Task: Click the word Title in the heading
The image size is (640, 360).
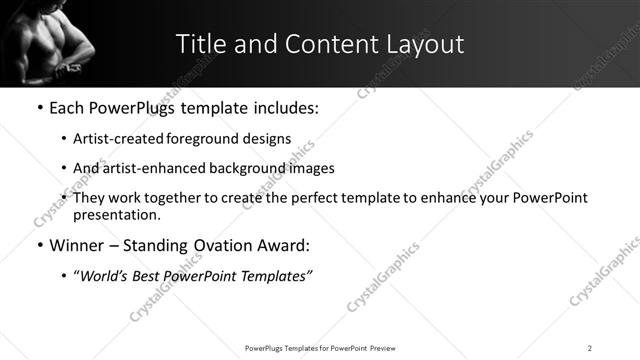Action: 199,44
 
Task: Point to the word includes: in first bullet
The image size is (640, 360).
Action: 284,107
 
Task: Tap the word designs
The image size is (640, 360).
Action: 269,139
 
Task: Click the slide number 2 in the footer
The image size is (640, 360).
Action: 590,347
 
